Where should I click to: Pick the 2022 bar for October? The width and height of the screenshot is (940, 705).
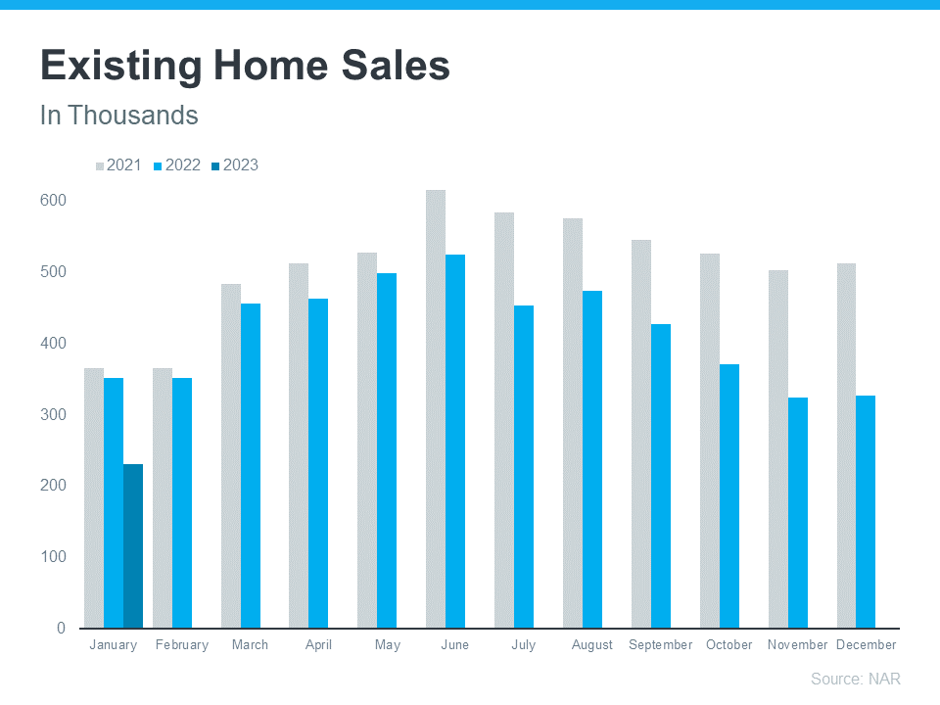(x=729, y=495)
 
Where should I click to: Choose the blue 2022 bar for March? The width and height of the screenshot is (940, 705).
(x=251, y=465)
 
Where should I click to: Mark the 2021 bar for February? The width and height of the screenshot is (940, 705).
(x=163, y=497)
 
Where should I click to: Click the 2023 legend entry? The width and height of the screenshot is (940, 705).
(x=235, y=165)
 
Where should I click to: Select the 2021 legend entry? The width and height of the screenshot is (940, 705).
(x=118, y=165)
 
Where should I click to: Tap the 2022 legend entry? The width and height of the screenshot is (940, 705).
(x=177, y=165)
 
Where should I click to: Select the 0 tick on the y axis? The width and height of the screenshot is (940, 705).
(x=61, y=628)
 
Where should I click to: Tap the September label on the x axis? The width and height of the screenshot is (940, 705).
(x=661, y=645)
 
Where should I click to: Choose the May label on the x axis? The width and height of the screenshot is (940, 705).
(x=387, y=645)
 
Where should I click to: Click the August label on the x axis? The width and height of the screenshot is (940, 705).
(x=592, y=645)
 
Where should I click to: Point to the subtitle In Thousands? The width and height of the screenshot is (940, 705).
(x=118, y=116)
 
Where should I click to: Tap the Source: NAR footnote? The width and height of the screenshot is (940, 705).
(x=855, y=679)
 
